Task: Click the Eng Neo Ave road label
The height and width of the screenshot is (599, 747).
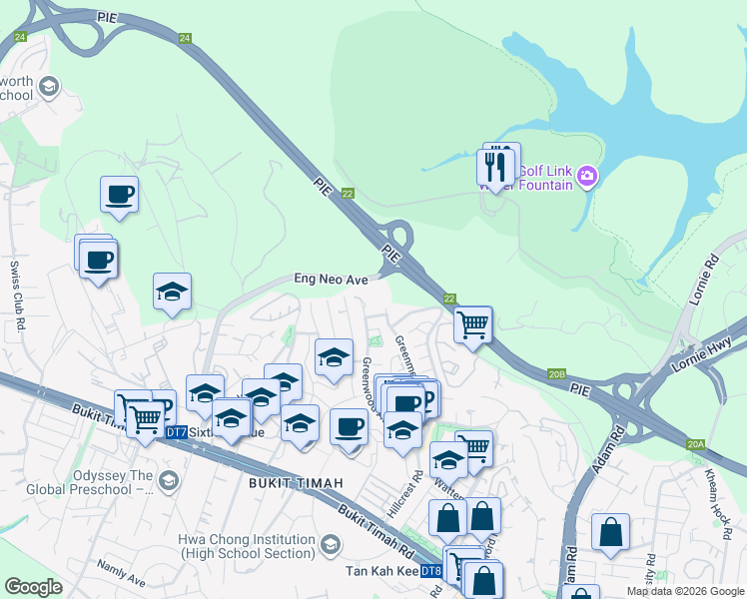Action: (330, 281)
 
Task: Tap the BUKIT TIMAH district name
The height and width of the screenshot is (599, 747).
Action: (291, 483)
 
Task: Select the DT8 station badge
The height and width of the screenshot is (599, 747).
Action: (430, 571)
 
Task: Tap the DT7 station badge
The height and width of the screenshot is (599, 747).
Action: (176, 432)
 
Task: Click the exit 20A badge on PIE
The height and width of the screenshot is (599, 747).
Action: (696, 444)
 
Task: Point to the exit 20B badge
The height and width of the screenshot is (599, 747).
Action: (557, 373)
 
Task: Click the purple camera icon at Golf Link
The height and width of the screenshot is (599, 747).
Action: (586, 178)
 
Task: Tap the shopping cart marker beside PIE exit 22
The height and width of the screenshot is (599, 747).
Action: (472, 323)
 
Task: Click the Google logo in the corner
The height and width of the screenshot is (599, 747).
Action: (33, 587)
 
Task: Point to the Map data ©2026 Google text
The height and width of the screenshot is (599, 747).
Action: (685, 591)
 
